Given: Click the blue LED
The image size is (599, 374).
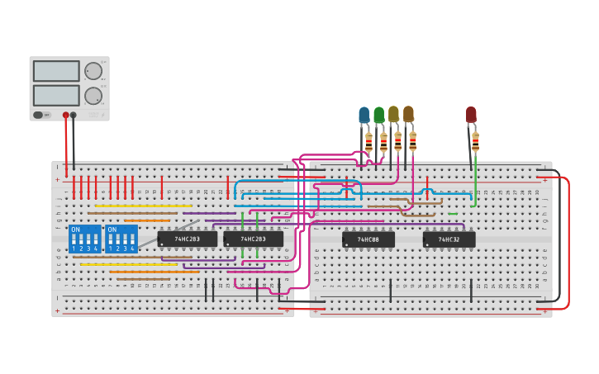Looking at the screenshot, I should coord(364,116).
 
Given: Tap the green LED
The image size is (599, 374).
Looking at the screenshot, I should coord(378,116).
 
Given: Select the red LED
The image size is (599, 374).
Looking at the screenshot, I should coord(471,115).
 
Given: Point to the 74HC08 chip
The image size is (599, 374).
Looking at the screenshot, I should coord(368,239).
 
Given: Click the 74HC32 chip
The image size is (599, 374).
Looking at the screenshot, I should coord(449,239).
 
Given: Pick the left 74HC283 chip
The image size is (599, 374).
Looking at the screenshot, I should coord(187,239).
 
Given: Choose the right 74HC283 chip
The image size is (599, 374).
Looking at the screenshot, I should coord(253,239).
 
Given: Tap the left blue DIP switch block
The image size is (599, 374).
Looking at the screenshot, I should coord(84,239).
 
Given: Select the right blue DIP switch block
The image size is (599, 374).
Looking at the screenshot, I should coord(121,239).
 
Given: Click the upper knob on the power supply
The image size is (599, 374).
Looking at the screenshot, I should coord(93,71).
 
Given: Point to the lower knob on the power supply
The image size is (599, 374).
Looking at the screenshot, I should coord(93,94).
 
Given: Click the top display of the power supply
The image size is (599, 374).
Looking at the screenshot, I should coord(56,71).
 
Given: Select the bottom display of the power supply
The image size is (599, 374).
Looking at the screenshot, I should coord(56,95).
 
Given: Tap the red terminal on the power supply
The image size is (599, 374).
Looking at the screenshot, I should coord(66,116).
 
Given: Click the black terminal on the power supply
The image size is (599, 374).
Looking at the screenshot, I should coord(74,116).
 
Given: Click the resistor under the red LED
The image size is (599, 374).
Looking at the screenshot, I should coord(475,140).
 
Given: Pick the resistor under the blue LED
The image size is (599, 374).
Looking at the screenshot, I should coord(368,142).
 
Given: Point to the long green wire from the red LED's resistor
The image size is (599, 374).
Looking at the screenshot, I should coord(475,178).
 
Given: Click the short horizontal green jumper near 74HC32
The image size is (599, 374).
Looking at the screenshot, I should coord(453,214).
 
